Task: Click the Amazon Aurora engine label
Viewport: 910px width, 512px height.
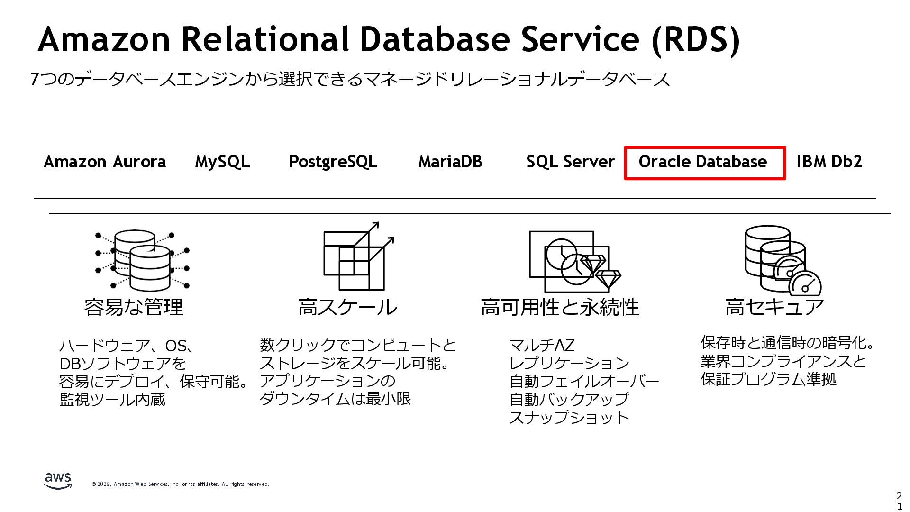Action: (x=105, y=162)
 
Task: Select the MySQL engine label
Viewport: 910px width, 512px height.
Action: (x=222, y=162)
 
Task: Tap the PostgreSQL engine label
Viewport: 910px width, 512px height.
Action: (x=333, y=162)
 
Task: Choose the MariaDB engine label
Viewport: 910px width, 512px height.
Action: (x=450, y=162)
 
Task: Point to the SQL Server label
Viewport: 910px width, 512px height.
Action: (x=570, y=162)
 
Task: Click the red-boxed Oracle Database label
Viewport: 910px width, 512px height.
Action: (x=702, y=162)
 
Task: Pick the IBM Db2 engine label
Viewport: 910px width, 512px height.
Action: (x=829, y=162)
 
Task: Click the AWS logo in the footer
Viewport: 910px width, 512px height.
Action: (x=58, y=481)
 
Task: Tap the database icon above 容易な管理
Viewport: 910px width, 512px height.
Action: (x=142, y=260)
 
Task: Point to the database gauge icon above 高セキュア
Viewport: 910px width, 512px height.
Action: (x=782, y=260)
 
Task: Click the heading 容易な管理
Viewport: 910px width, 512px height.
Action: (x=134, y=307)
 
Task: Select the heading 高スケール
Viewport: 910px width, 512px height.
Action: (x=347, y=307)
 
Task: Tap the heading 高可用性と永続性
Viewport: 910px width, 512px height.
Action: (x=560, y=307)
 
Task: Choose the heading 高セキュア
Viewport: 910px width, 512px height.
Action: (x=774, y=307)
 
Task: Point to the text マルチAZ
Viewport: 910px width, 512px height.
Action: (x=542, y=345)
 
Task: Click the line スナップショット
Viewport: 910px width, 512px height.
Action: (x=569, y=418)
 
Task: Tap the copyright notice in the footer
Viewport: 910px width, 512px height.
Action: (x=180, y=484)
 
